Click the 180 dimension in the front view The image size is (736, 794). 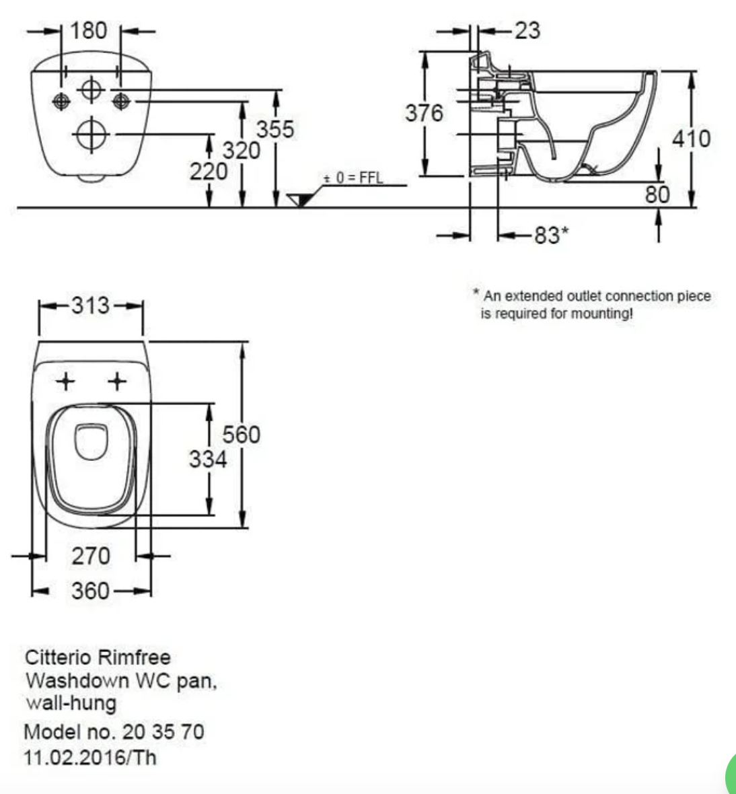point(90,30)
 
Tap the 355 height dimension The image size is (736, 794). point(275,129)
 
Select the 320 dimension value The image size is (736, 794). point(242,150)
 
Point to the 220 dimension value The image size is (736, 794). point(208,172)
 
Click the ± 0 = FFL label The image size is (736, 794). point(353,178)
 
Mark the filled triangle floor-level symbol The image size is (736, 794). point(299,200)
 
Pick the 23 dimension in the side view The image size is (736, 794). point(527,30)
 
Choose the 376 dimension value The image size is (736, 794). point(424,112)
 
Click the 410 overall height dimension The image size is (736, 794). point(692,139)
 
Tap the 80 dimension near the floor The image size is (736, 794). point(657,194)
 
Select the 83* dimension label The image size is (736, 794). point(551,235)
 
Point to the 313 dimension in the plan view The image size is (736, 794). point(91,305)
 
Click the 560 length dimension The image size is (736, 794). point(242,435)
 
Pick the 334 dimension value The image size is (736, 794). point(208,460)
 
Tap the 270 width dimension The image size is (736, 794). point(91,556)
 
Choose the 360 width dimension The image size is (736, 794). point(90,591)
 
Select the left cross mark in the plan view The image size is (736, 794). point(65,382)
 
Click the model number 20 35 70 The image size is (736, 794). point(163,731)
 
